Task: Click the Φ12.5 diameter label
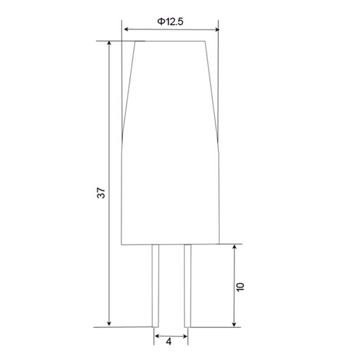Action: point(170,22)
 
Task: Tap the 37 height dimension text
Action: point(101,193)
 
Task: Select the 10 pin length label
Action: point(240,287)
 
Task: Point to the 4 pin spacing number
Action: point(169,342)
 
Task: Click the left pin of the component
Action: point(155,286)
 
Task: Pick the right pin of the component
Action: point(188,286)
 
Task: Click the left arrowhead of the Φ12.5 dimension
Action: point(126,29)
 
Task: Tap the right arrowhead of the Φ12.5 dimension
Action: point(217,30)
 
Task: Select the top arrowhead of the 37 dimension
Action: point(109,44)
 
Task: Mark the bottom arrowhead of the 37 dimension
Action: point(109,324)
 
